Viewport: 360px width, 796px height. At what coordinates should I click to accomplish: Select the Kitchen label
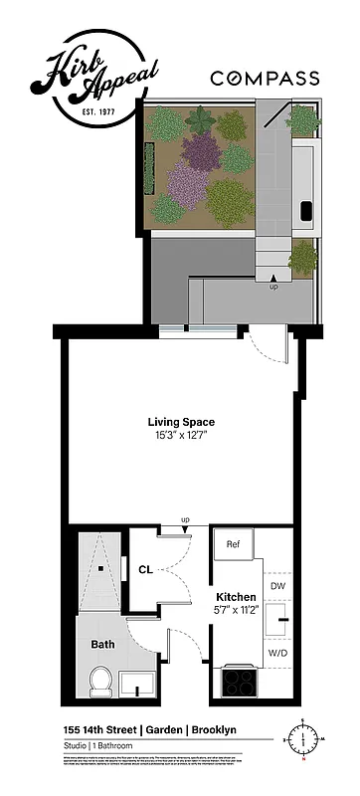click(237, 597)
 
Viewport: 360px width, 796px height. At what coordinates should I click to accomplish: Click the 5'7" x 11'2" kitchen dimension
click(237, 611)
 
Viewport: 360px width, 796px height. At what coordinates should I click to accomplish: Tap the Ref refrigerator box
click(234, 545)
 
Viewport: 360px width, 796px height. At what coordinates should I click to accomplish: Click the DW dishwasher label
click(277, 586)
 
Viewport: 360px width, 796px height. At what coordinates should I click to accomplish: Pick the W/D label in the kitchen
click(277, 653)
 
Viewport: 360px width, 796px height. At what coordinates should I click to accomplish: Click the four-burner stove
click(240, 682)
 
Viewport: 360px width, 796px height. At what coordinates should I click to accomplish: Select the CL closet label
click(145, 570)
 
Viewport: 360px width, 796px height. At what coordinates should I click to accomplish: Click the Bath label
click(102, 644)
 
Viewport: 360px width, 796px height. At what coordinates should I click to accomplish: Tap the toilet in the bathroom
click(99, 681)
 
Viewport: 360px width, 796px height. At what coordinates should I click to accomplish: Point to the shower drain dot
click(100, 569)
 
